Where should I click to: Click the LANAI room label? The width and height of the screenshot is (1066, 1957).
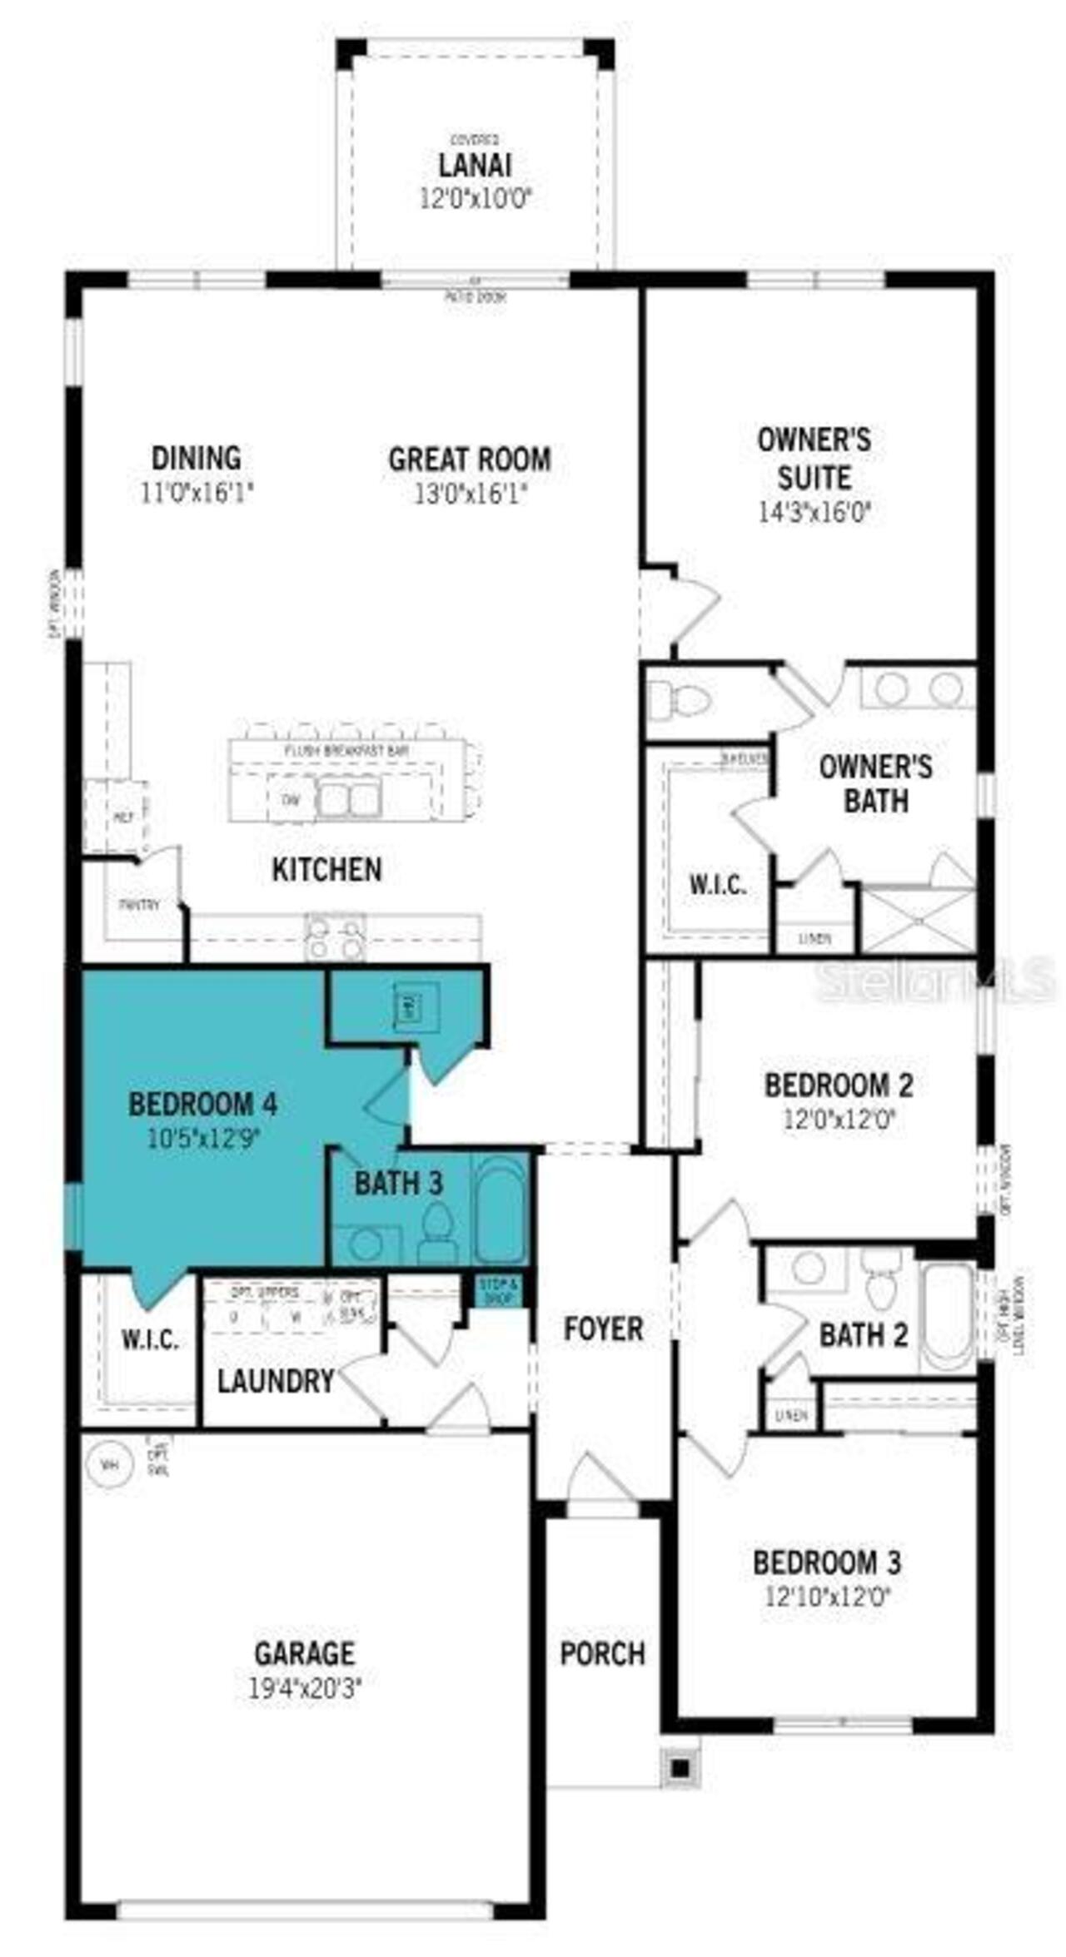click(476, 165)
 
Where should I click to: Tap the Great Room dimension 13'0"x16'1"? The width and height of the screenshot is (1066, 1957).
click(471, 494)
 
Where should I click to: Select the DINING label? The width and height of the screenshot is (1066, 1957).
click(197, 458)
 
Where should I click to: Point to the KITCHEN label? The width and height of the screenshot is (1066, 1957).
click(326, 870)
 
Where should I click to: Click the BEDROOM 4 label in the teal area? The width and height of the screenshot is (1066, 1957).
click(203, 1105)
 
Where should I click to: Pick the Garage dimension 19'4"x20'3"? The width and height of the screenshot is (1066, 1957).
click(305, 1688)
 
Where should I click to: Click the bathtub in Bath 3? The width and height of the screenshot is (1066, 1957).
click(500, 1206)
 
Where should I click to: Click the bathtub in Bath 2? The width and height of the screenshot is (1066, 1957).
click(947, 1316)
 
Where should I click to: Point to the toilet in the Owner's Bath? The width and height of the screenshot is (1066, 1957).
click(677, 700)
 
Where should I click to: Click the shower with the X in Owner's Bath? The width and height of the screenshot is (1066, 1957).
click(918, 921)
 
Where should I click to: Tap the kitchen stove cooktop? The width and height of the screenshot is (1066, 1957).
click(335, 937)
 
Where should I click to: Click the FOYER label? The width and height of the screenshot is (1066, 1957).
click(603, 1329)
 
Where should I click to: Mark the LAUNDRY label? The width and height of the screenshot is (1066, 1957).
click(276, 1381)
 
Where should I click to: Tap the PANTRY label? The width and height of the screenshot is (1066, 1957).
click(139, 904)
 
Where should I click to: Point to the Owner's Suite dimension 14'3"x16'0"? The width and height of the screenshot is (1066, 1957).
click(814, 511)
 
